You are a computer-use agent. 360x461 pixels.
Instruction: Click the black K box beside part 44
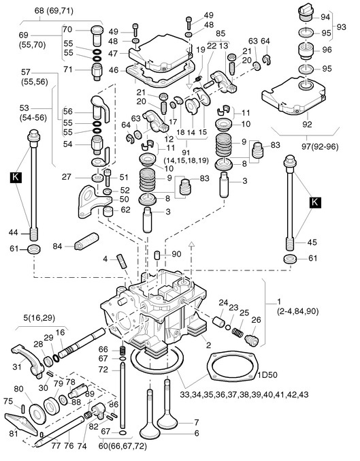(x=16, y=177)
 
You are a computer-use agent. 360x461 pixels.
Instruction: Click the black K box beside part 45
(x=314, y=202)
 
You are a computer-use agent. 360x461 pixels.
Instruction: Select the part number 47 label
(x=113, y=54)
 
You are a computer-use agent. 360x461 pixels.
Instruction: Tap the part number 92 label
(x=307, y=125)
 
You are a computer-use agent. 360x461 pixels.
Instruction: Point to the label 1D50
(x=267, y=375)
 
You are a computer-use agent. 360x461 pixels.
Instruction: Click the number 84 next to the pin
(x=57, y=246)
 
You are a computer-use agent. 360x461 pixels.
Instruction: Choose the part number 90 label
(x=176, y=254)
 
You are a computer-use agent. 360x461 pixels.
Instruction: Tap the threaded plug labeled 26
(x=252, y=340)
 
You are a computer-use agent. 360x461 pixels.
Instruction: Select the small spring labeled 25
(x=238, y=332)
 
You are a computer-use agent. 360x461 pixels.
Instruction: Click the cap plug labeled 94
(x=306, y=13)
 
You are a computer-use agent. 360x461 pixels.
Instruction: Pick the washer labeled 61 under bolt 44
(x=34, y=249)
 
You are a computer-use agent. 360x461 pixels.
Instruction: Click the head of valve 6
(x=150, y=431)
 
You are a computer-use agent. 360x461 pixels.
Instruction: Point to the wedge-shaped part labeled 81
(x=21, y=424)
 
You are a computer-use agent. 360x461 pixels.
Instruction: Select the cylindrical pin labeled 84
(x=86, y=241)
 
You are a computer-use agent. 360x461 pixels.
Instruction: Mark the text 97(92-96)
(x=321, y=146)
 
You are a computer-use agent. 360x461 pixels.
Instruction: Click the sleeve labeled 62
(x=108, y=211)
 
